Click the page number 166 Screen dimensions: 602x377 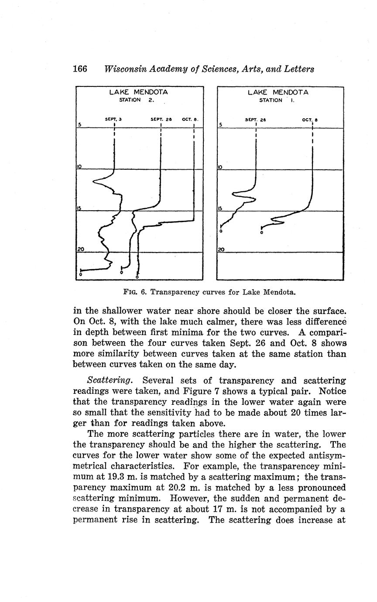point(80,69)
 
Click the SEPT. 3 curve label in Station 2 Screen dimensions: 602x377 point(113,119)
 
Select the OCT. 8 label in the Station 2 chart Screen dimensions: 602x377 point(191,119)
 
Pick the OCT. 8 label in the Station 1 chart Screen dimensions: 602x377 point(310,119)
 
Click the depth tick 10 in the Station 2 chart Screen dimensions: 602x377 point(80,166)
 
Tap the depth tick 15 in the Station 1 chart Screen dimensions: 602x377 point(221,208)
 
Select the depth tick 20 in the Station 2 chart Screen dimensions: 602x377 point(80,249)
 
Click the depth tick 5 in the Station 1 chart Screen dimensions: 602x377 point(221,125)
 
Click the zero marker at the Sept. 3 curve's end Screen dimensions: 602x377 point(81,275)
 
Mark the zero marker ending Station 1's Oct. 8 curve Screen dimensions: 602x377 point(261,233)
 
